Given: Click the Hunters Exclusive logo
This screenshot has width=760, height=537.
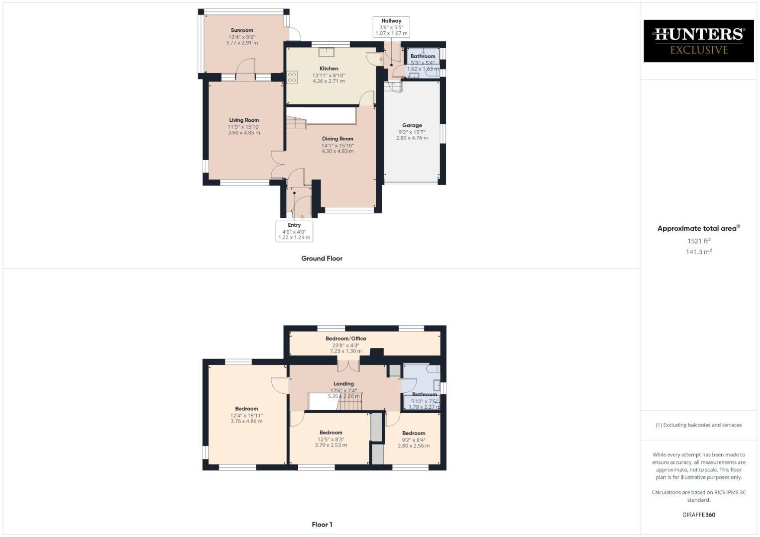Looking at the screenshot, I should point(698,41).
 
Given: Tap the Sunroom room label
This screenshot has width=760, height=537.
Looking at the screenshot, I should point(242,30).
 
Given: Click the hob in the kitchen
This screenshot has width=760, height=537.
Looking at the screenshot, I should point(292,77).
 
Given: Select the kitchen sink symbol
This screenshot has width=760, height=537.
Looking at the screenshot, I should point(327,51).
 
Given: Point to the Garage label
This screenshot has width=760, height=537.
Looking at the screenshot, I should point(412,125).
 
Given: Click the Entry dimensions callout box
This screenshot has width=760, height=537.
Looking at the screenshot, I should point(294,231).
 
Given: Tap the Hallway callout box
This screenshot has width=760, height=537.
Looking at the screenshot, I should point(391,27).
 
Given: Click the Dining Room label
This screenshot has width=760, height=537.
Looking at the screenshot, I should point(337,139).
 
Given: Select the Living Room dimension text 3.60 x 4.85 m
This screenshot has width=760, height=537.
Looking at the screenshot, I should point(244,133).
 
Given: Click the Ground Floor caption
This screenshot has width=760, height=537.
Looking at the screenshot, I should point(322,258).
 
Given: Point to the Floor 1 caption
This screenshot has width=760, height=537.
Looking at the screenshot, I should point(322,524).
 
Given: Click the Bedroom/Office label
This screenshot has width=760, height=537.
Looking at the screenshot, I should point(345,339).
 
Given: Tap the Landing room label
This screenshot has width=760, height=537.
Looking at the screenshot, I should point(343,384).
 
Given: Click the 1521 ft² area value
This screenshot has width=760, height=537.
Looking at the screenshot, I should point(698,241).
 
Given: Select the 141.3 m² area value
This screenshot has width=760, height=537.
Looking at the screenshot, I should point(698,252).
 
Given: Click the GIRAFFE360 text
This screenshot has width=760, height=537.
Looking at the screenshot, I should point(698,515).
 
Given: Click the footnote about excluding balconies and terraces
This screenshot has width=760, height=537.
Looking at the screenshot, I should point(698,425).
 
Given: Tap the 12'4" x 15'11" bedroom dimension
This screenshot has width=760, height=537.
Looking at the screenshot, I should point(246,416).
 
